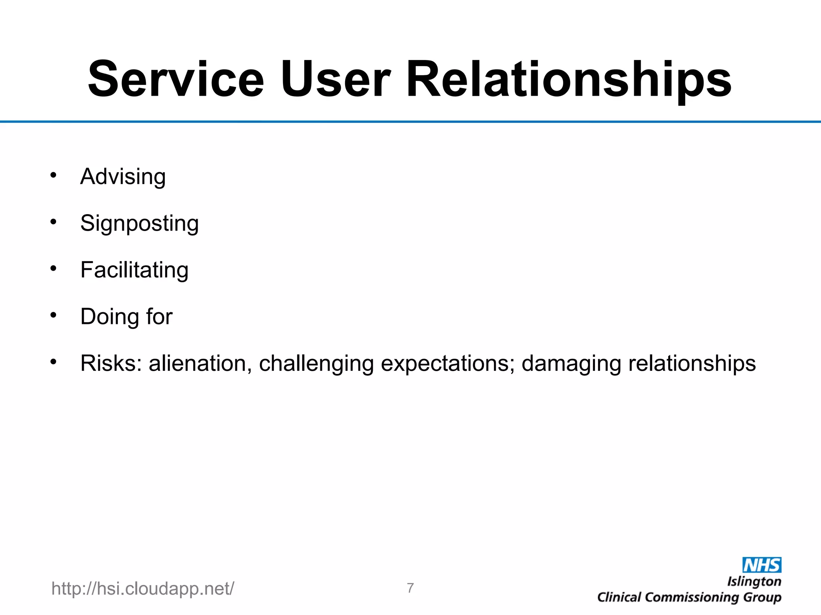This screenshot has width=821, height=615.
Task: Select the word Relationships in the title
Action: point(569,79)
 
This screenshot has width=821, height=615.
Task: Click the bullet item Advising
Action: point(123,177)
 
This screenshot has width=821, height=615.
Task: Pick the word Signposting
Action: point(139,223)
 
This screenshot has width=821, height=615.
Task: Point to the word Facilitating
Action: point(134,270)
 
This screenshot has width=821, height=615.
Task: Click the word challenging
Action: point(316,364)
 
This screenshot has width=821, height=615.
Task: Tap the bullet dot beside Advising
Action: point(53,175)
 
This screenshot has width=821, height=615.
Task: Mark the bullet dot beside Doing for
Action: point(53,315)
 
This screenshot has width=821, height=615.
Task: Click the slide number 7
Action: point(410,588)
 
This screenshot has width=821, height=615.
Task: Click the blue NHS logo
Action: point(762,565)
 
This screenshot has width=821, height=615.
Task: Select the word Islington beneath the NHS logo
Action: point(754,581)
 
